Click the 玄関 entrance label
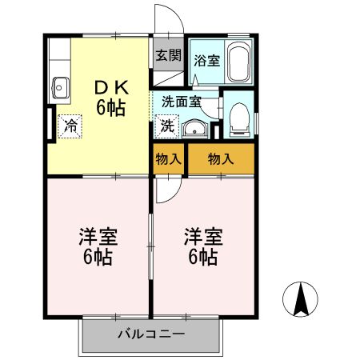coord(169,55)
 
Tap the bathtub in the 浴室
coord(239,62)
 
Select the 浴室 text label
coord(206,61)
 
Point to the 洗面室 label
coord(182,102)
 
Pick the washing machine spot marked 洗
coord(167,126)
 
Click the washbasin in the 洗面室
coord(194,130)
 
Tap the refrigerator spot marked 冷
coord(70,126)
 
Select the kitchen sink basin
coord(61,88)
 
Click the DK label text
coord(112,87)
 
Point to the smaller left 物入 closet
coord(169,159)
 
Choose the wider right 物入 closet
coord(221,159)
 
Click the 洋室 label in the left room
coord(98,237)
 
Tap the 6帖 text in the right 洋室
coord(202,257)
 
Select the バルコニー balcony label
coord(151,334)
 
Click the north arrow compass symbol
coord(300,299)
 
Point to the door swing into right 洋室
coord(174,195)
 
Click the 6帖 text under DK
coord(110,107)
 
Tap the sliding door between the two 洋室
coord(150,246)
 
